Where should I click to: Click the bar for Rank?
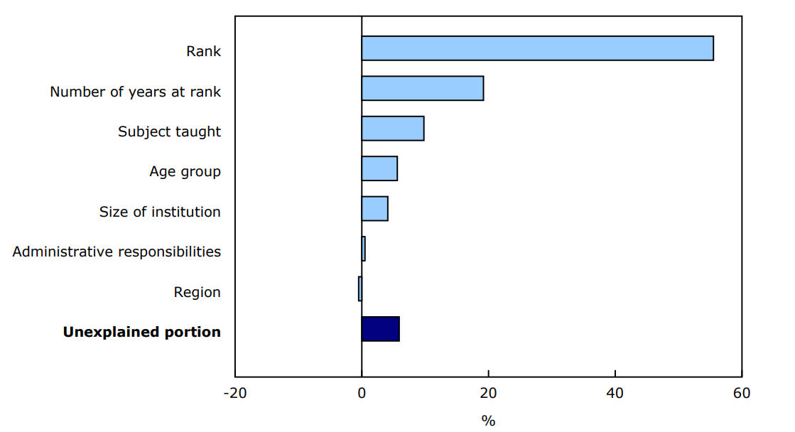(537, 48)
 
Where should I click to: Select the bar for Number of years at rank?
(422, 88)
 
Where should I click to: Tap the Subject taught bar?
(392, 129)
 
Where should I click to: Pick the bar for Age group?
(379, 168)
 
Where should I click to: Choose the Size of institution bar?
(374, 209)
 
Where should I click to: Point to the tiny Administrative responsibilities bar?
(363, 249)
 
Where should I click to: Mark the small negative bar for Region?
(360, 289)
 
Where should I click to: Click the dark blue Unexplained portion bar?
(380, 329)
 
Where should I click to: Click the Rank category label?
(203, 51)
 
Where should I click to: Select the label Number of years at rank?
(135, 92)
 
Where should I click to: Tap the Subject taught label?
(169, 131)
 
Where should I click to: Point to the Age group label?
(185, 171)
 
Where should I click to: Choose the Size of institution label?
(160, 212)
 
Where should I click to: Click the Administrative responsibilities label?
(117, 252)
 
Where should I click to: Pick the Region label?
(197, 292)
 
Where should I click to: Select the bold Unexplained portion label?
(141, 332)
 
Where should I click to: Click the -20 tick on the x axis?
(235, 393)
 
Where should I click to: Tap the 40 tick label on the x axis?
(615, 393)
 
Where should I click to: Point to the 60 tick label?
(741, 393)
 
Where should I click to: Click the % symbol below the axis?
(487, 421)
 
